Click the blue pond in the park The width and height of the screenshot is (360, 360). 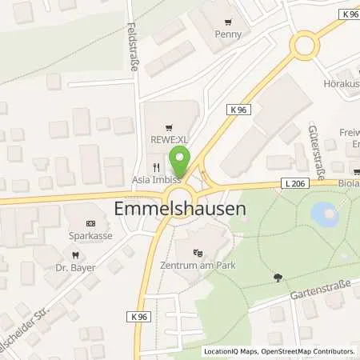pyautogui.click(x=322, y=213)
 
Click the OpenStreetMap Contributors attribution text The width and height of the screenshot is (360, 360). pyautogui.click(x=308, y=351)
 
